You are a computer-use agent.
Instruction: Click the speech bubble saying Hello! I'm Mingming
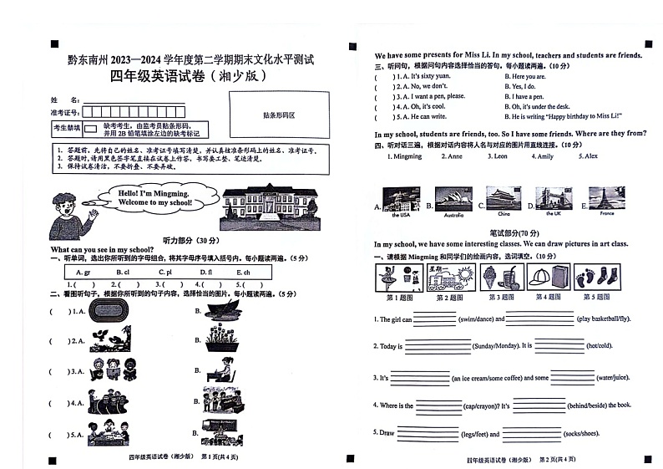[144, 197]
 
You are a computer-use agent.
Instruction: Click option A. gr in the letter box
[83, 273]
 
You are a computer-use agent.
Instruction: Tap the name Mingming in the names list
[407, 156]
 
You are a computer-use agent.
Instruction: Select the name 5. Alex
[589, 156]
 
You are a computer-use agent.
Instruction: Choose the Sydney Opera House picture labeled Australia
[453, 199]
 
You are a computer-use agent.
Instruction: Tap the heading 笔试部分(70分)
[509, 232]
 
